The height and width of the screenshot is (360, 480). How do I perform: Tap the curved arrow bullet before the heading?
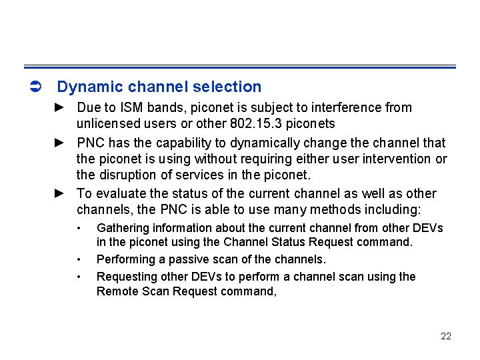tap(37, 87)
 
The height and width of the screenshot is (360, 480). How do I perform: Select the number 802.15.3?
tap(255, 124)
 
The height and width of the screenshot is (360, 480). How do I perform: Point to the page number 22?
tap(446, 336)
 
